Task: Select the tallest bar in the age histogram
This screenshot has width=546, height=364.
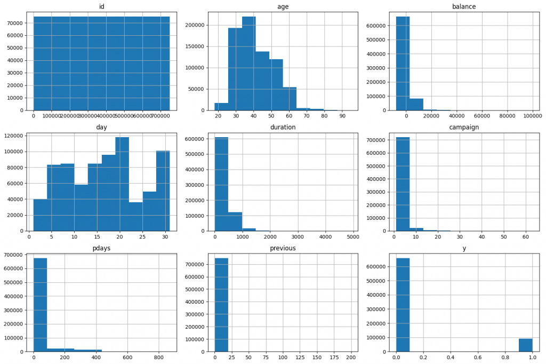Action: click(x=248, y=64)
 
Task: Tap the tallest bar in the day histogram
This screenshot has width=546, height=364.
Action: click(x=122, y=184)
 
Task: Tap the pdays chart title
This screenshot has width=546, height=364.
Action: click(x=101, y=248)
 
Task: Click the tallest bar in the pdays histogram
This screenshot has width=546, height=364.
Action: click(x=40, y=304)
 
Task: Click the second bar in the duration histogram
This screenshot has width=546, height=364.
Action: click(x=235, y=221)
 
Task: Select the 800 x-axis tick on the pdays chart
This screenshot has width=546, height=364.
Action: click(x=158, y=357)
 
